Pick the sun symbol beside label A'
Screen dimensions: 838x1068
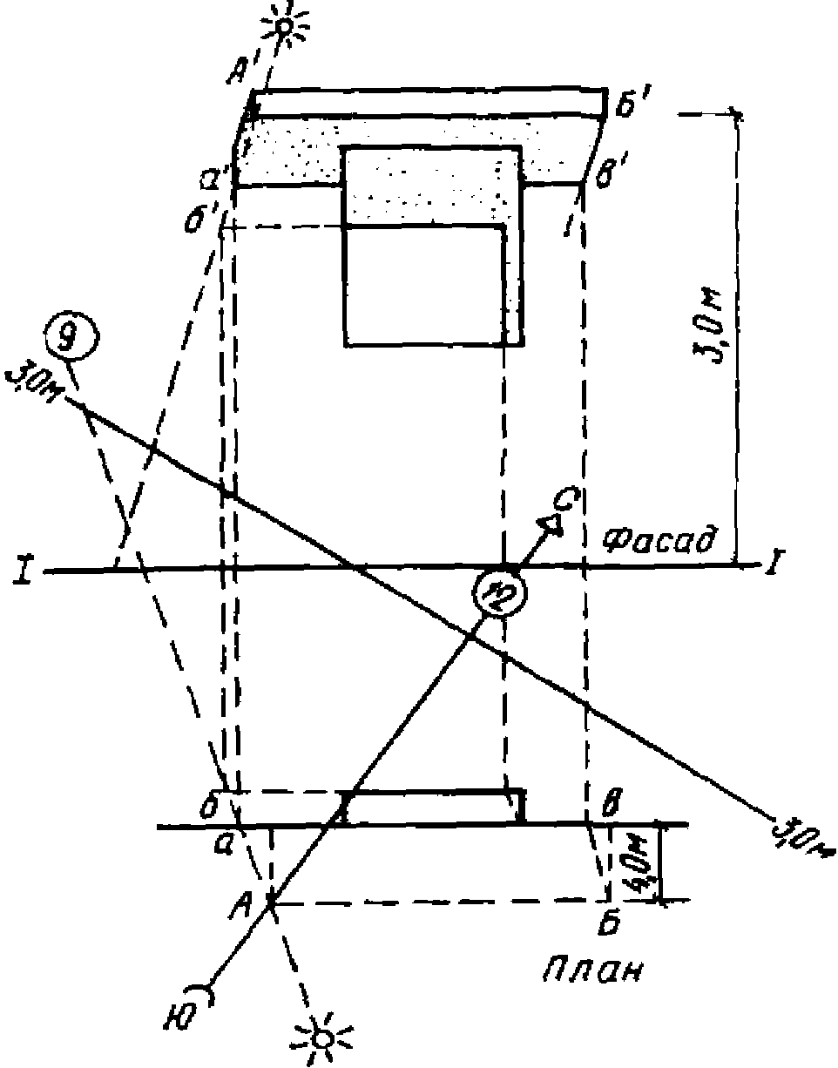284,25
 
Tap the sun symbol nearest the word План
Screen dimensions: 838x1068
322,1037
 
